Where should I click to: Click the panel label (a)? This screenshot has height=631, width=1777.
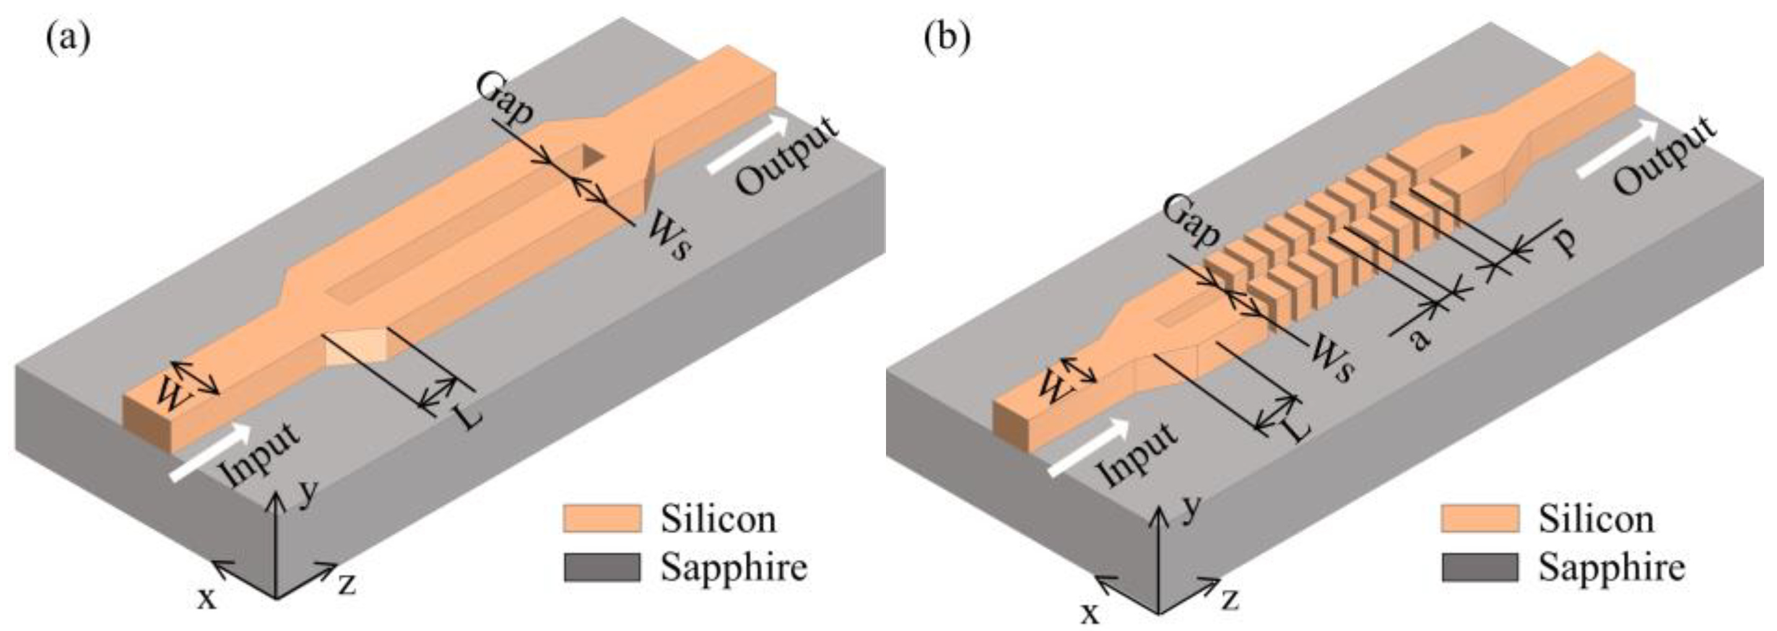click(67, 38)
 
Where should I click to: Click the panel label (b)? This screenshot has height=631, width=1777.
click(947, 38)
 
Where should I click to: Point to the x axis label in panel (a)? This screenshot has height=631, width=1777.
click(207, 598)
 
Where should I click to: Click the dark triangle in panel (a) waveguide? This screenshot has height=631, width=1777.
click(592, 157)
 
